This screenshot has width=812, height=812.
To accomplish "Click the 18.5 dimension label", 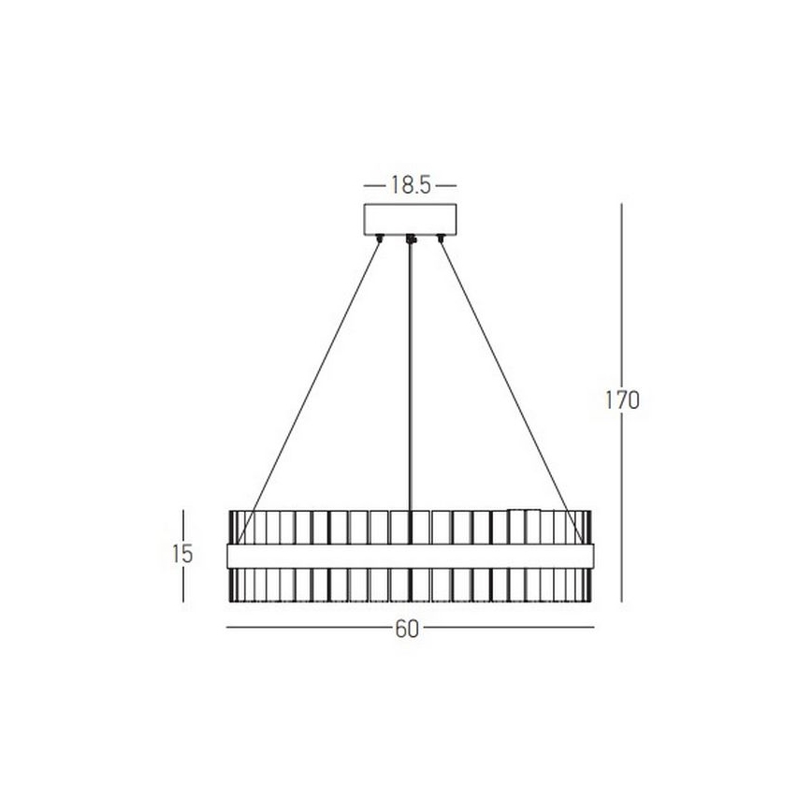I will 410,185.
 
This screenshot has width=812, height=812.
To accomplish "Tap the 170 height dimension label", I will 622,400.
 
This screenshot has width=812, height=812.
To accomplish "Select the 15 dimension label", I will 182,553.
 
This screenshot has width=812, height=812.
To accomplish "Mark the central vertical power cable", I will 411,374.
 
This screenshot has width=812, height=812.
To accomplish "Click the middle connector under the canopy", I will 411,240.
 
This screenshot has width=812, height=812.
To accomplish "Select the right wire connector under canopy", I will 441,239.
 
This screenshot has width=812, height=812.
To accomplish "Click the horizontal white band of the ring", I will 410,554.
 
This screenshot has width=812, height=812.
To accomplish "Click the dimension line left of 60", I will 309,628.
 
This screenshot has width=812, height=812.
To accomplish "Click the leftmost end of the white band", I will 230,554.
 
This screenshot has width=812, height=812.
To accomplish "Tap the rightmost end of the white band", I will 590,554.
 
